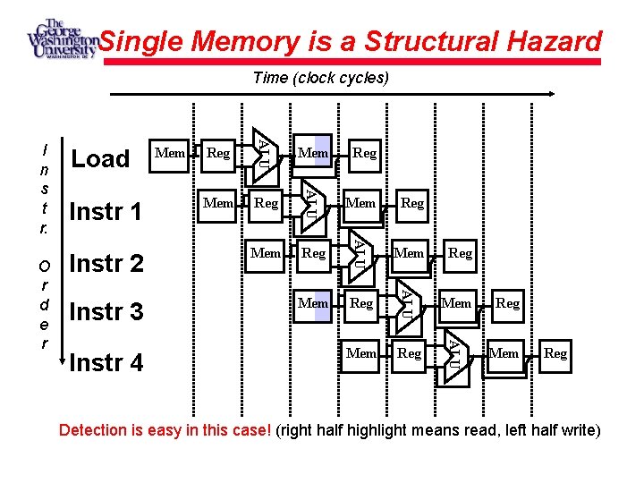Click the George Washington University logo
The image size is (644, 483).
click(x=61, y=39)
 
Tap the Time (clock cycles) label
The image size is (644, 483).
click(x=321, y=78)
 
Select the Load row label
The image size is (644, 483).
click(x=100, y=159)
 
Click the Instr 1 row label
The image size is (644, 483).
click(x=106, y=212)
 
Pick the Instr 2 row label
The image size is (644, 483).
click(x=106, y=264)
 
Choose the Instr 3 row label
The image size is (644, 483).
click(x=106, y=312)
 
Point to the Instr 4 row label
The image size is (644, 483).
click(x=106, y=363)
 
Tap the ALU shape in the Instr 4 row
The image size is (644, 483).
click(x=455, y=352)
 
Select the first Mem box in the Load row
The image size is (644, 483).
click(x=170, y=153)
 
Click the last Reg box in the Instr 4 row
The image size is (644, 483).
click(x=555, y=353)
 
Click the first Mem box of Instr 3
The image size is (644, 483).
click(x=313, y=303)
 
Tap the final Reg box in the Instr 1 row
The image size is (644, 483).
click(x=412, y=203)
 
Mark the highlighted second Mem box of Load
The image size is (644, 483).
click(x=313, y=153)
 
